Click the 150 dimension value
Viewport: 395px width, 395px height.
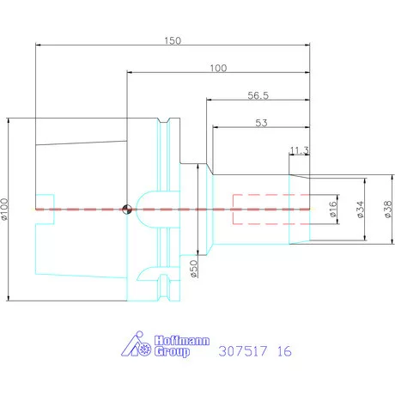(174, 40)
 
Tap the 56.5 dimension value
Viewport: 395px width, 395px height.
(258, 95)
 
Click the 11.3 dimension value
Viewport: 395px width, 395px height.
(300, 151)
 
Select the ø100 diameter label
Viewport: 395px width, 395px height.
(6, 209)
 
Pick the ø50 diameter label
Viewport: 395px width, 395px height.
(194, 270)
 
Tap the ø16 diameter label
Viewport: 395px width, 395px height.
(333, 208)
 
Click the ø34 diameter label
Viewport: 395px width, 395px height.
(359, 208)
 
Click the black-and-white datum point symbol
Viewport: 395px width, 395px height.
(127, 208)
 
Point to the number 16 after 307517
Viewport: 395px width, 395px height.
(284, 351)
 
